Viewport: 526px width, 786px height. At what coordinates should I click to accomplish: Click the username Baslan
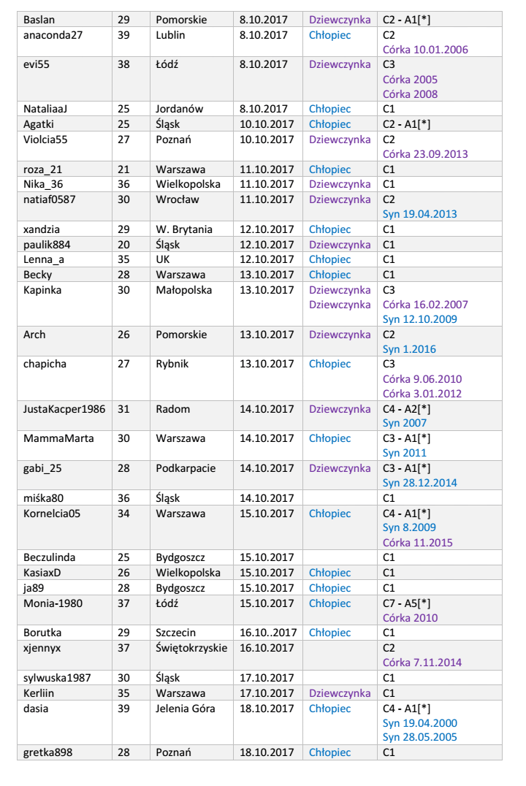(x=39, y=20)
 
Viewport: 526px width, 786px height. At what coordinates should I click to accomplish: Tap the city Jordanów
(x=180, y=109)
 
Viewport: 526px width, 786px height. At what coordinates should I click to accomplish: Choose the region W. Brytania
(x=184, y=229)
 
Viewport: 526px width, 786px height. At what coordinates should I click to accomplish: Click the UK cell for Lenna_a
(x=164, y=259)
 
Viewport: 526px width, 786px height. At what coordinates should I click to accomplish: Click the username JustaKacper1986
(x=64, y=409)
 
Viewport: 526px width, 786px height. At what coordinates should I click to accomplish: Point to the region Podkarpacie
(x=186, y=468)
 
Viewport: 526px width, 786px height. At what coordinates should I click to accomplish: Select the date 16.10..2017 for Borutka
(x=268, y=633)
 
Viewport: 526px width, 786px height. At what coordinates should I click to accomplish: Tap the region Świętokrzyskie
(x=191, y=648)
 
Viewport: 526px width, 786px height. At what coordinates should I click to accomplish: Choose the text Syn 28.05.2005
(x=420, y=737)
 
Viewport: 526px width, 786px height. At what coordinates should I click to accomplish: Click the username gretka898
(x=48, y=752)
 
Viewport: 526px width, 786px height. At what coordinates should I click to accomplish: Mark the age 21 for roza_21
(x=123, y=169)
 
